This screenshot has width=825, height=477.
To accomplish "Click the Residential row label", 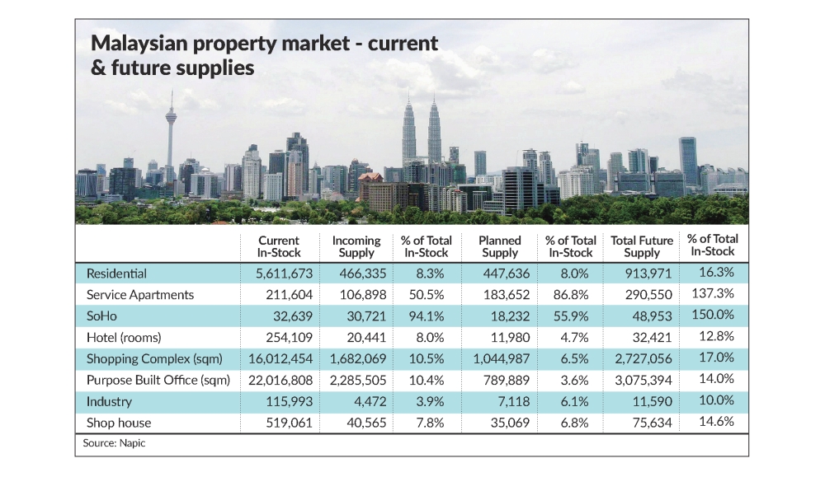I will [116, 274].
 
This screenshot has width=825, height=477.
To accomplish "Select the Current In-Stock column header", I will [279, 246].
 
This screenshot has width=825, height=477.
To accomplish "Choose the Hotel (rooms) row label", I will [124, 338].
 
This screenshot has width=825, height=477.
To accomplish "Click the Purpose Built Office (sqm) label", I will [158, 381].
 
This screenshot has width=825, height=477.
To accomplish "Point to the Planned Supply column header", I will [499, 246].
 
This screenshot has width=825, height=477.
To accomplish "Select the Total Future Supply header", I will [642, 246].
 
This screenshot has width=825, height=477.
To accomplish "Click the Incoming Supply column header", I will [356, 246].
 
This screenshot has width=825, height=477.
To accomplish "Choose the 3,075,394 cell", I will [642, 381].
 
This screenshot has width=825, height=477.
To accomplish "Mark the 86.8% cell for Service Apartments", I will [570, 295].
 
